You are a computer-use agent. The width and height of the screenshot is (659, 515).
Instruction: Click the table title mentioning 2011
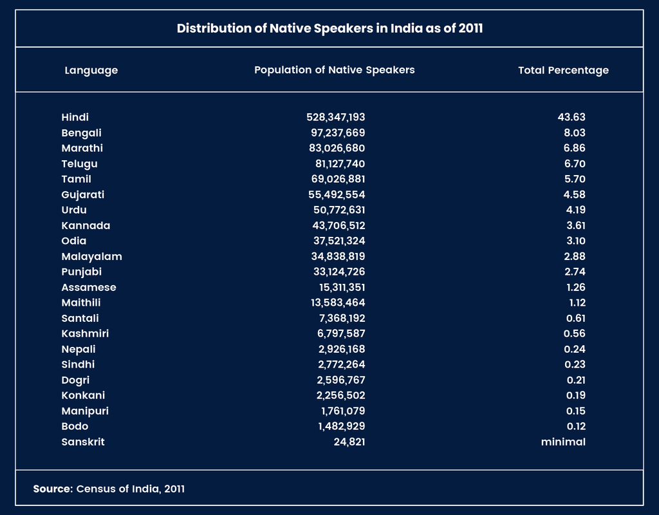coord(329,28)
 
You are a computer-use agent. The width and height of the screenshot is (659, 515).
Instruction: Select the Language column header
coord(91,71)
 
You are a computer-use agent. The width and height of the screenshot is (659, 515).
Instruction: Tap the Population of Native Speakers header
coord(335,70)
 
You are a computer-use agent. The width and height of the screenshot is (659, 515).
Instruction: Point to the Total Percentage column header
coord(563,71)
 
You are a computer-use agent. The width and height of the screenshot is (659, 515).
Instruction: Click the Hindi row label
coord(75,117)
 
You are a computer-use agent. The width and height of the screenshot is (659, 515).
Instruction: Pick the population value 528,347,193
coord(336,117)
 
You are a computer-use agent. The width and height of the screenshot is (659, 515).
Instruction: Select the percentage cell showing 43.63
coord(571,117)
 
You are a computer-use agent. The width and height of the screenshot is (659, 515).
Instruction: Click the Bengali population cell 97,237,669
coord(338,133)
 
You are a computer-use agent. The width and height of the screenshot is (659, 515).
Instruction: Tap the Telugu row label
coord(79,164)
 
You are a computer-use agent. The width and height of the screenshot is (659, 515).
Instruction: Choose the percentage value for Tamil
coord(575,179)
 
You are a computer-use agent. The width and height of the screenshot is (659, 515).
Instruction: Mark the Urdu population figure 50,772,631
coord(339,211)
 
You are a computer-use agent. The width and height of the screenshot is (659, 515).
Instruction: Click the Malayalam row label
coord(91,257)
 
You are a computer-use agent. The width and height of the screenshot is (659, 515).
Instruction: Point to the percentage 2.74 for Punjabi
coord(575,272)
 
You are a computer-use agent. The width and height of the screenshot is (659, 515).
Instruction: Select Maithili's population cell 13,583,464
coord(338,303)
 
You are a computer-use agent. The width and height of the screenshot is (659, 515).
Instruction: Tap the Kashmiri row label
coord(85,333)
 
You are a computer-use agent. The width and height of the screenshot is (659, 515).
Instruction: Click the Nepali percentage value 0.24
coord(575,349)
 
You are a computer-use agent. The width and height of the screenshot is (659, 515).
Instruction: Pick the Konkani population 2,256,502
coord(341,396)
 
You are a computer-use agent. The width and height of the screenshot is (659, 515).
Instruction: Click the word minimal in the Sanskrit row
coord(563,442)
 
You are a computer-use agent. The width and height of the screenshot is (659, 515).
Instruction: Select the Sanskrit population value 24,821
coord(349,442)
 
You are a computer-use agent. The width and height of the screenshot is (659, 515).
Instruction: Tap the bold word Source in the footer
coord(53,489)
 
